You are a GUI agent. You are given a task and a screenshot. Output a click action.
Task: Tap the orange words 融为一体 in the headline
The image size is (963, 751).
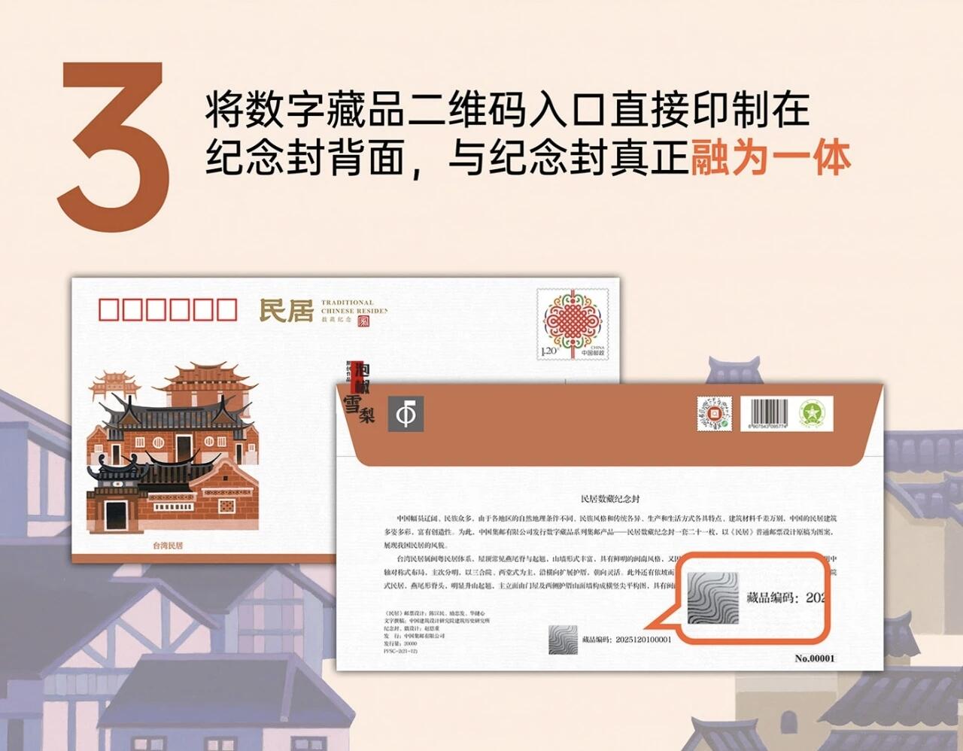(x=770, y=159)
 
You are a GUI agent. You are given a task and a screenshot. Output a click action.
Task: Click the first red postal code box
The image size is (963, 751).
(x=110, y=310)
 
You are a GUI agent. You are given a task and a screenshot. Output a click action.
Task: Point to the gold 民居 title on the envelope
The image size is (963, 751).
(x=286, y=310)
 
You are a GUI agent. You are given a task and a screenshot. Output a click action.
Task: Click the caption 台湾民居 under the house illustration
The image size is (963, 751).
(x=168, y=546)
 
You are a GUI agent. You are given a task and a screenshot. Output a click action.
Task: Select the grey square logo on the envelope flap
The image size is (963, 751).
(x=406, y=414)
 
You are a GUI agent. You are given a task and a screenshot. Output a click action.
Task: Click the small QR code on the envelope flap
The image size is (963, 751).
(x=714, y=413)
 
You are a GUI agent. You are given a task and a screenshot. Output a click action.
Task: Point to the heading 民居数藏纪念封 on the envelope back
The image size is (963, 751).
(x=610, y=499)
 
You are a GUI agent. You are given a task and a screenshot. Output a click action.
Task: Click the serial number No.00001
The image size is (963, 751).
(x=815, y=658)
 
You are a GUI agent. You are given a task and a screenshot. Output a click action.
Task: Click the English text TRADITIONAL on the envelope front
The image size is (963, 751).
(x=347, y=303)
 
